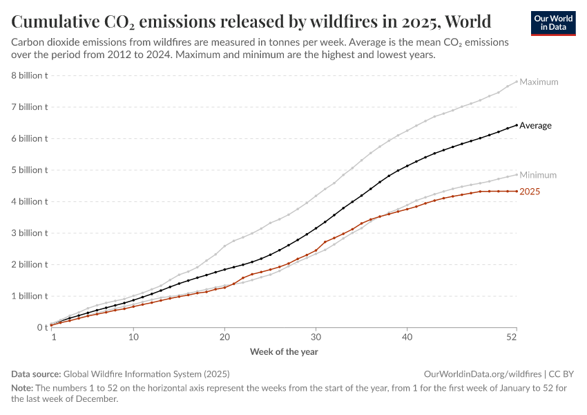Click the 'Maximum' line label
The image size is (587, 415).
[539, 82]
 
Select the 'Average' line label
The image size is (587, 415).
[535, 125]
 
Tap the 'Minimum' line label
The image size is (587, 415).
[538, 175]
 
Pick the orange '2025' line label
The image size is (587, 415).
[530, 192]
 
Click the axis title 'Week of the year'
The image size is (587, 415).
[284, 351]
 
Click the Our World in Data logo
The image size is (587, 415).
[553, 23]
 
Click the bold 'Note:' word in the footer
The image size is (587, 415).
[21, 388]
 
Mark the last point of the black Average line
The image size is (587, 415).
[517, 125]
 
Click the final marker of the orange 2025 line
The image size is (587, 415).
[517, 191]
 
